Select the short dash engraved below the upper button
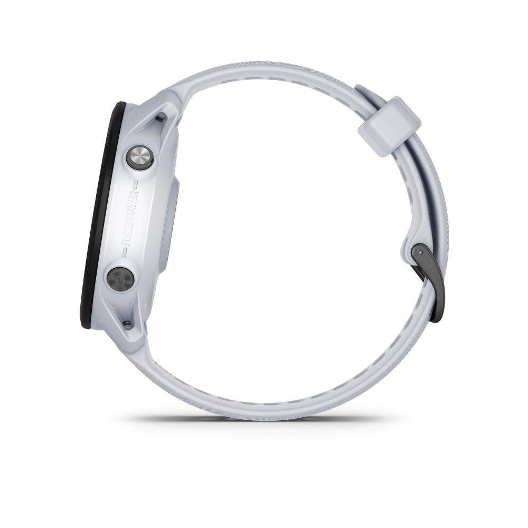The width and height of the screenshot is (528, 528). pos(135,185)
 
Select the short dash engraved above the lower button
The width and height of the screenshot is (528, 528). pos(124,252)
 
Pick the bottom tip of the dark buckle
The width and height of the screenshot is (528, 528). pos(436,317)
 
